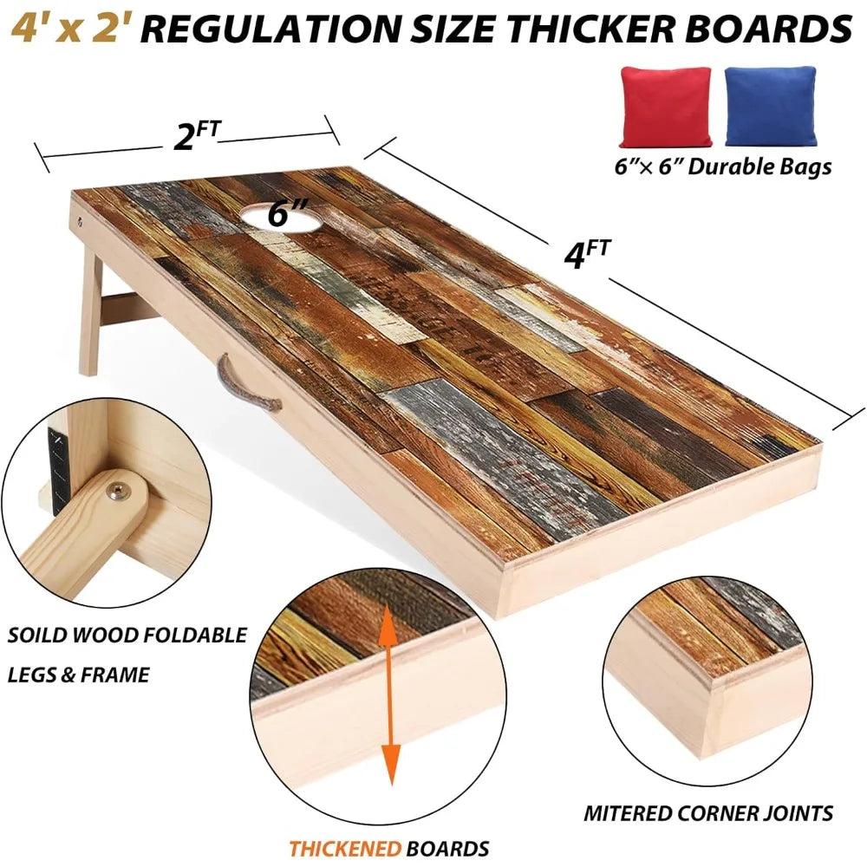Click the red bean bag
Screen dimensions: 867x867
tap(665, 107)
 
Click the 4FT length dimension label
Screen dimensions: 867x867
tap(587, 254)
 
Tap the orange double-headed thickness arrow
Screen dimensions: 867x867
tap(390, 694)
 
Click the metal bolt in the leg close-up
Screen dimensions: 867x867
tap(117, 491)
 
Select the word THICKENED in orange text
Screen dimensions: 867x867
tap(345, 848)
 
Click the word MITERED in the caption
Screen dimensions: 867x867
tap(628, 813)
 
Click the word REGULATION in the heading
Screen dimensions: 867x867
tap(273, 29)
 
